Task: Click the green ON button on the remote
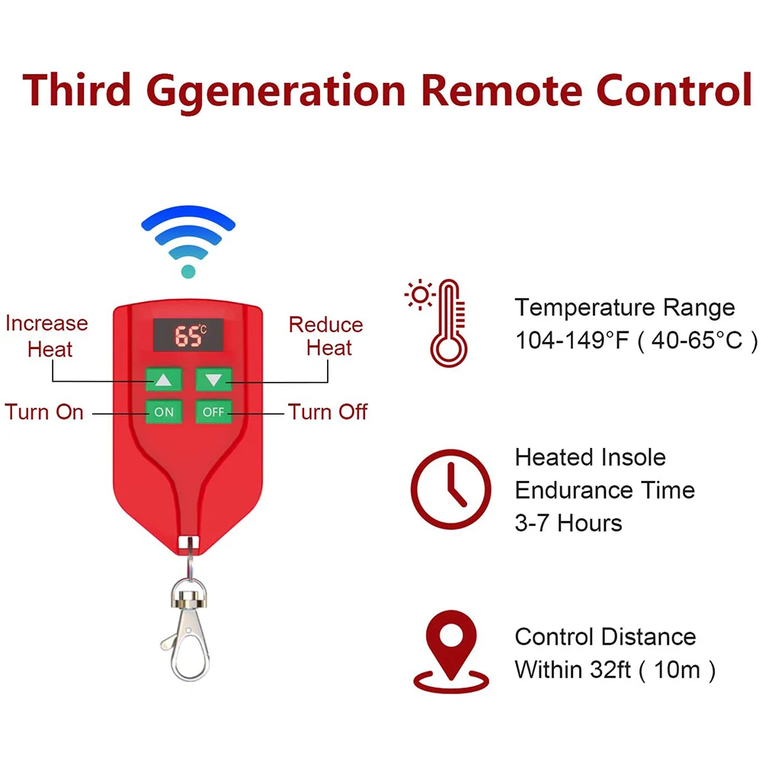[164, 412]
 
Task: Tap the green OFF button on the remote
[213, 412]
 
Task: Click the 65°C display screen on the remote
[188, 335]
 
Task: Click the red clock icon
[451, 489]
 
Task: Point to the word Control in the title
[674, 90]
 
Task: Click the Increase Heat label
[47, 336]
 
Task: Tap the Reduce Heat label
[326, 336]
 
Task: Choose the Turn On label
[44, 412]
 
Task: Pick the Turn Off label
[328, 412]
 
